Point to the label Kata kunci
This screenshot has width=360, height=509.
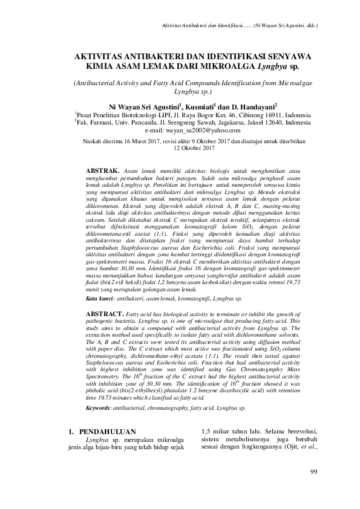tap(99, 299)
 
